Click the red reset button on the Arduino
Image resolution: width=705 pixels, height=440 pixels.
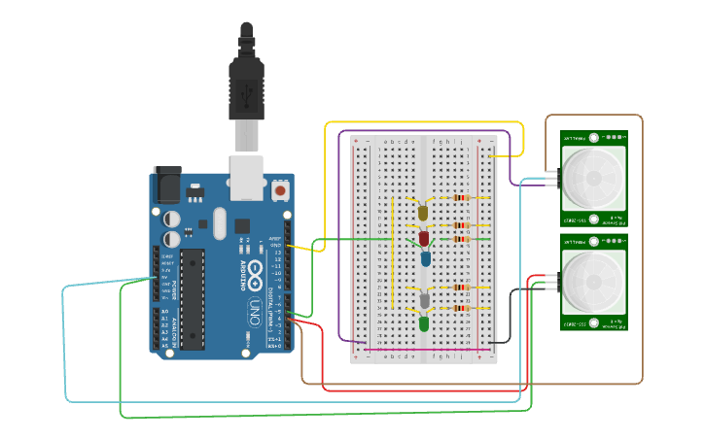pos(280,190)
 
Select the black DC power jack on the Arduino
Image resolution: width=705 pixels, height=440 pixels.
pos(167,185)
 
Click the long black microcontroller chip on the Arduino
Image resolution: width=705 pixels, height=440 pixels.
pos(193,298)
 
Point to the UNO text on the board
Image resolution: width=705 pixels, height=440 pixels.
pos(255,312)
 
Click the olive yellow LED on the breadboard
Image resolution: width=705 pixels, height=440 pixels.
pos(423,212)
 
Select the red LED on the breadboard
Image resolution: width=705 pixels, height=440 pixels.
pos(424,238)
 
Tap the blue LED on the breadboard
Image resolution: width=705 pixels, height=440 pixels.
pos(426,258)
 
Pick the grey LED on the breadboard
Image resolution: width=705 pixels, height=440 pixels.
pos(424,301)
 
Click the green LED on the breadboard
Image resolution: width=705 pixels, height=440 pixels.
pos(424,322)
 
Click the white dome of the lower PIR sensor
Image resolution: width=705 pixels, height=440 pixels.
pos(593,283)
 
